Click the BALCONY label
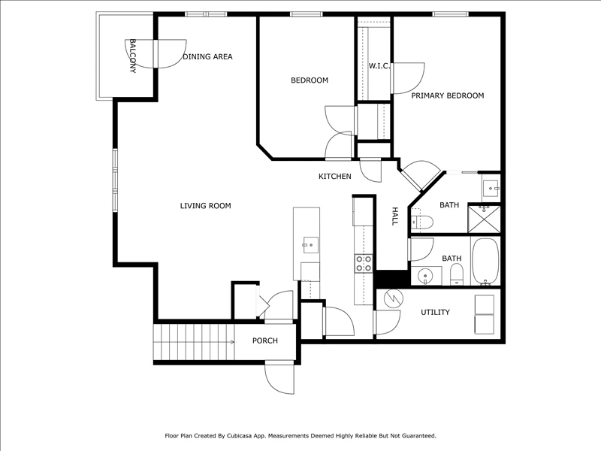133,56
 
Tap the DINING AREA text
207,57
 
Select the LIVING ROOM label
205,206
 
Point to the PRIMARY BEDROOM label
447,95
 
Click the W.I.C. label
379,66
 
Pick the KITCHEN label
334,177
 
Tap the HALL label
395,216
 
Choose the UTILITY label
435,312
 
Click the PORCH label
265,341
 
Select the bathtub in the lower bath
485,262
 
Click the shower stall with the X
484,219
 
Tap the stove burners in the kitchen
364,264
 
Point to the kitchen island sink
310,245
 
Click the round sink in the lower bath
425,276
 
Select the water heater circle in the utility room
394,298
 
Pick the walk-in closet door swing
409,78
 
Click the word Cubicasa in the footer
238,436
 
